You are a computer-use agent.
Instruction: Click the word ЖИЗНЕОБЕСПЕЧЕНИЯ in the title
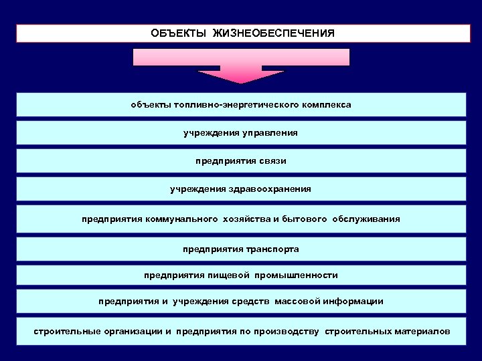(274, 33)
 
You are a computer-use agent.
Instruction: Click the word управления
(268, 133)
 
